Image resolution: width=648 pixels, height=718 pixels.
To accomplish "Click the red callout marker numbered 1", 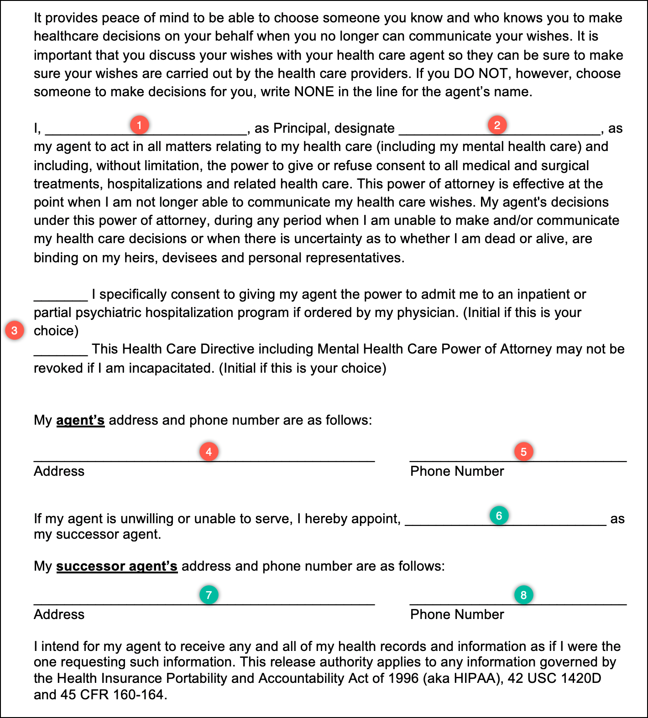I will (x=139, y=125).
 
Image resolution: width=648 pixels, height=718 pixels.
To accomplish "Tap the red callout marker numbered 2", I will (x=497, y=125).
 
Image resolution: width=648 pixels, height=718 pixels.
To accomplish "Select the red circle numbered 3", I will (x=15, y=330).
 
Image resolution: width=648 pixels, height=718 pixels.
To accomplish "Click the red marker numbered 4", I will (x=209, y=452).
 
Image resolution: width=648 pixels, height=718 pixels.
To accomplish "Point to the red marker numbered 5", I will (x=523, y=452).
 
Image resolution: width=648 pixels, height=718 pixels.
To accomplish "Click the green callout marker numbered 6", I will (x=499, y=515).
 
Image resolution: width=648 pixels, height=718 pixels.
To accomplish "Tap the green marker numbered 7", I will (x=209, y=595).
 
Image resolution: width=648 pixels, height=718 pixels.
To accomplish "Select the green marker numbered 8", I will (x=523, y=595).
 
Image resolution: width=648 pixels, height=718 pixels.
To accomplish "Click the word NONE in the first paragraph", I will (x=314, y=92).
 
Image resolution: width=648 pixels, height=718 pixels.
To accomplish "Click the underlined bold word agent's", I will (x=80, y=420).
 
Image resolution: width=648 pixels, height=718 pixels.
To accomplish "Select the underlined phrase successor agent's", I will (x=117, y=566).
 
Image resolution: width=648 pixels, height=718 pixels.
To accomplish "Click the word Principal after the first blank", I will (x=300, y=128).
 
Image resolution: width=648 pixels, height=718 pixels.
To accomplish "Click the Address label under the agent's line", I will (x=59, y=471).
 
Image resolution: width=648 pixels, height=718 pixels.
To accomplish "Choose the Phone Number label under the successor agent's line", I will (x=457, y=614).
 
